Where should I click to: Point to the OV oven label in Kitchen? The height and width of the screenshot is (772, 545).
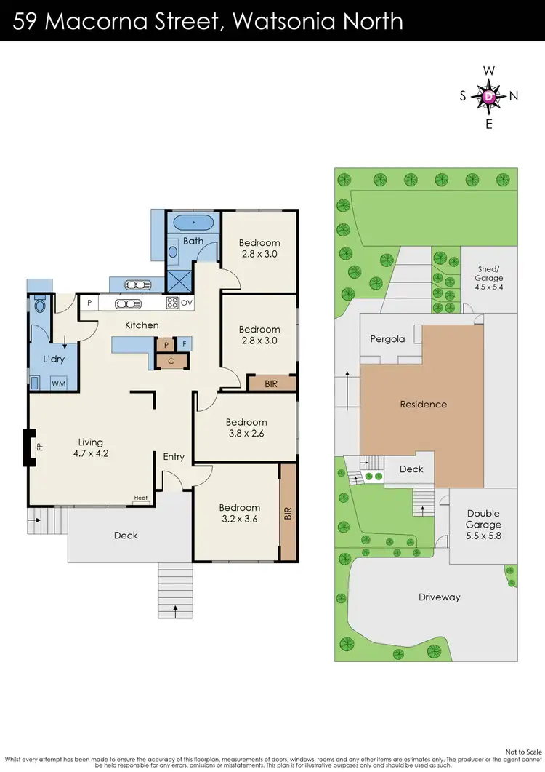(x=187, y=303)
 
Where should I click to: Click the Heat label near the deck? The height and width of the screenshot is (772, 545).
(x=140, y=498)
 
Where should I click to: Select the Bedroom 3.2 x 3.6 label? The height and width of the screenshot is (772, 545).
(x=240, y=513)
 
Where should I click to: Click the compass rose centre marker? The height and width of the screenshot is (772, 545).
(x=489, y=96)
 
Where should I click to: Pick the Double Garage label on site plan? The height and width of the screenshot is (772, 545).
(x=483, y=525)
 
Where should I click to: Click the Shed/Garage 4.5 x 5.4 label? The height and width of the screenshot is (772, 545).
(x=488, y=278)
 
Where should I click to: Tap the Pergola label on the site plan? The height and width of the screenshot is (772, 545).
(x=387, y=339)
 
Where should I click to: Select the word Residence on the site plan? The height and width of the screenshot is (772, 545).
(x=423, y=405)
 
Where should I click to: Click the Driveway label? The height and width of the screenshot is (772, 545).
(x=439, y=597)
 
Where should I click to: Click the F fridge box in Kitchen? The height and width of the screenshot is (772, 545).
(x=185, y=344)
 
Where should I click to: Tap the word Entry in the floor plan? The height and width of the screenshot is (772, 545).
(x=174, y=457)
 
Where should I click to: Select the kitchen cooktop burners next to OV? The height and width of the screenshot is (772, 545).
(x=173, y=303)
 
